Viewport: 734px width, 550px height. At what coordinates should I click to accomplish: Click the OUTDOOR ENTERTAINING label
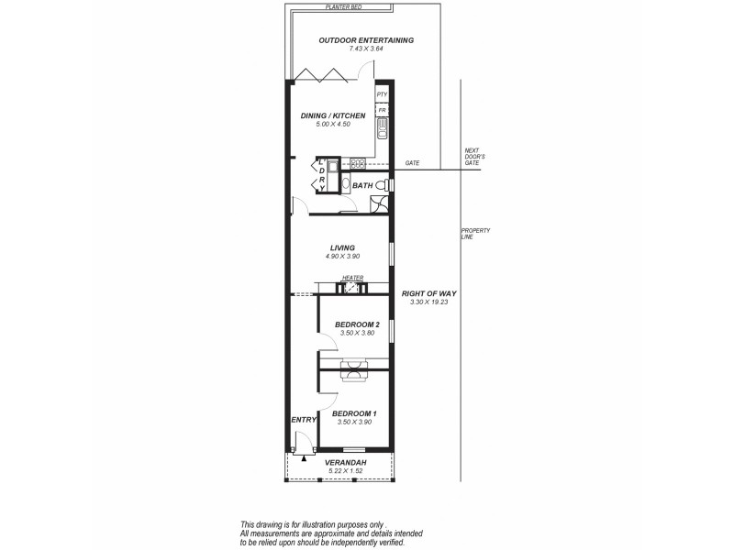point(366,40)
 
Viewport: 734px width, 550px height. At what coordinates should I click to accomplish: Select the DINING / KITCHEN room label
point(333,116)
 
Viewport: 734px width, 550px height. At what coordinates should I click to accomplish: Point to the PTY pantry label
point(383,94)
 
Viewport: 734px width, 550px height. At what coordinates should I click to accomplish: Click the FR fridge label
point(382,110)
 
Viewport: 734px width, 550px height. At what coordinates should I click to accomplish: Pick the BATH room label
point(362,186)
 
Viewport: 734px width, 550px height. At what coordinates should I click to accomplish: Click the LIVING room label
point(343,247)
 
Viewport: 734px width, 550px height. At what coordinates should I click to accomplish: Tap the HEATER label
point(353,278)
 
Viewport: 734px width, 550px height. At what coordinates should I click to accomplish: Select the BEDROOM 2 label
point(357,324)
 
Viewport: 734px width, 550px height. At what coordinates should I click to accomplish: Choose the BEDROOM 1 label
point(355,413)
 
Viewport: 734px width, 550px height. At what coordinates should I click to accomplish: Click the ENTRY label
point(304,420)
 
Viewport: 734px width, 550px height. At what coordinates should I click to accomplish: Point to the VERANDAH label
point(346,463)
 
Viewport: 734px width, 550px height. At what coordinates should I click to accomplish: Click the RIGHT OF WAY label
point(429,293)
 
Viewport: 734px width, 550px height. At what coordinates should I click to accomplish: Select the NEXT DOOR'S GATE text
point(473,157)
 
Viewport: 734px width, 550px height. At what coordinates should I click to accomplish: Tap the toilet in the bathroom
point(388,185)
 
